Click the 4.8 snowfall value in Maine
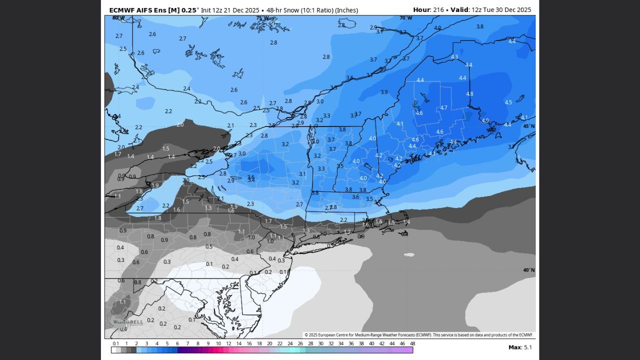pyautogui.click(x=469, y=94)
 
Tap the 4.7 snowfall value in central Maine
pyautogui.click(x=443, y=108)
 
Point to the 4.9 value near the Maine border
pyautogui.click(x=485, y=121)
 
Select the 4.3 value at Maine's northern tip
pyautogui.click(x=454, y=57)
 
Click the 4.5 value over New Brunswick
pyautogui.click(x=508, y=102)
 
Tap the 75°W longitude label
pyautogui.click(x=262, y=18)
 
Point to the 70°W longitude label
pyautogui.click(x=405, y=18)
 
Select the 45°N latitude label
pyautogui.click(x=528, y=126)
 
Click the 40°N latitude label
pyautogui.click(x=528, y=270)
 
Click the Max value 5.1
pyautogui.click(x=527, y=347)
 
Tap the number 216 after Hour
pyautogui.click(x=439, y=10)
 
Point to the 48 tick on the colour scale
pyautogui.click(x=412, y=343)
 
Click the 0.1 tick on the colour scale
pyautogui.click(x=116, y=343)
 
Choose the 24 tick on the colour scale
pyautogui.click(x=290, y=343)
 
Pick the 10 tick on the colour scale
pyautogui.click(x=218, y=343)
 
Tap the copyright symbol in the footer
pyautogui.click(x=306, y=335)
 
